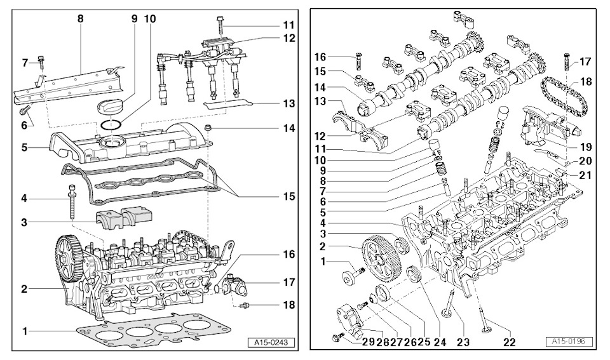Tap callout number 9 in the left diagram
134,19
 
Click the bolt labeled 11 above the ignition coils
220,25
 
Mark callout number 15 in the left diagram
288,197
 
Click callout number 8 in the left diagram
81,19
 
